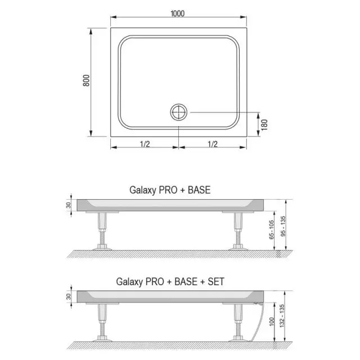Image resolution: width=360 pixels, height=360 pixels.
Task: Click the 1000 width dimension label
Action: (x=178, y=13)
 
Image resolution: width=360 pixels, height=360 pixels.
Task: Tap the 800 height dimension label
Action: (x=86, y=80)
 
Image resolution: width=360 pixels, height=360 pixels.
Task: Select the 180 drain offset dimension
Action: (x=264, y=125)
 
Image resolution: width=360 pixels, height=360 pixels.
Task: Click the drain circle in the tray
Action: (x=179, y=112)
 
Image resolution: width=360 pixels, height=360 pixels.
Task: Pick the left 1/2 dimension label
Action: (x=145, y=144)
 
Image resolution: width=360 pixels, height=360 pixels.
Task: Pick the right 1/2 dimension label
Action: (x=213, y=144)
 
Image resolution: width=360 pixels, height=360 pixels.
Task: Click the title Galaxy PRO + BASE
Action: (x=170, y=190)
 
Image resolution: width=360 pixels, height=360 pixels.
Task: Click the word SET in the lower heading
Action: (x=216, y=282)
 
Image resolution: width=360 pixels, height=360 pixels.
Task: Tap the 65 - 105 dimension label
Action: (x=271, y=229)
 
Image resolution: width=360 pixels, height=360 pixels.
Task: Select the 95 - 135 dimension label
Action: (x=283, y=226)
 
